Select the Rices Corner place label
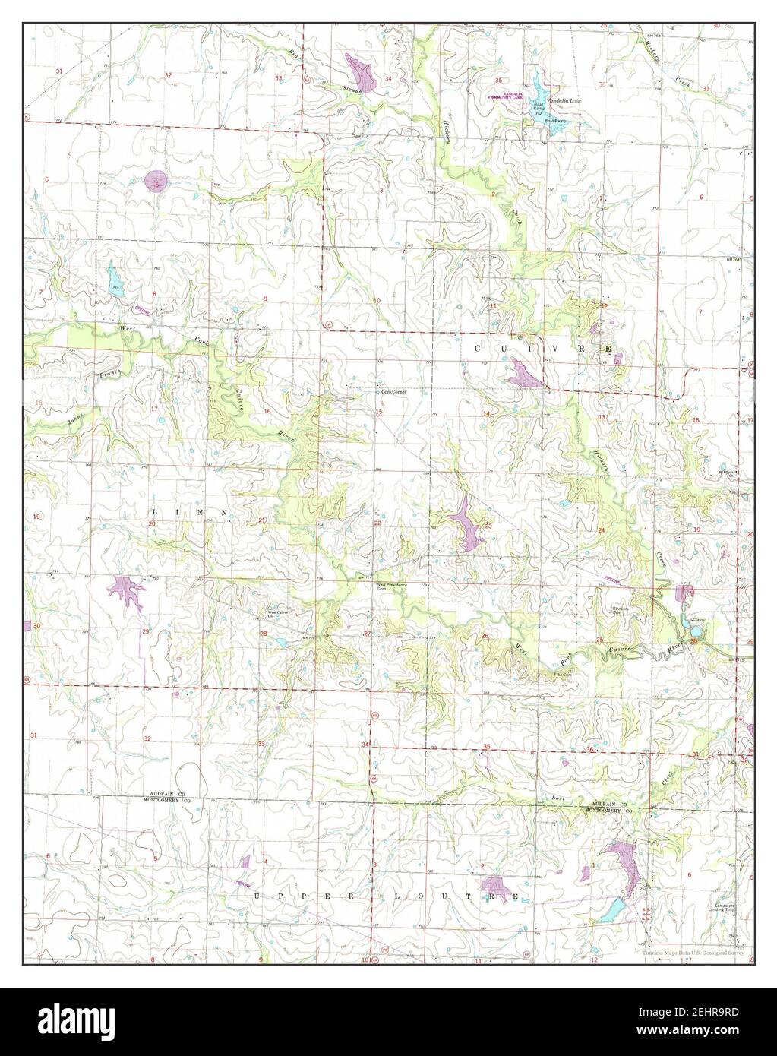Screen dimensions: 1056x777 pyautogui.click(x=393, y=392)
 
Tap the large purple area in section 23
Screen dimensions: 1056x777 pyautogui.click(x=466, y=523)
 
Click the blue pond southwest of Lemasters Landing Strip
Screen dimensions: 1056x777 pyautogui.click(x=614, y=906)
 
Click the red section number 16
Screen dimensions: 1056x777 pyautogui.click(x=267, y=411)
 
